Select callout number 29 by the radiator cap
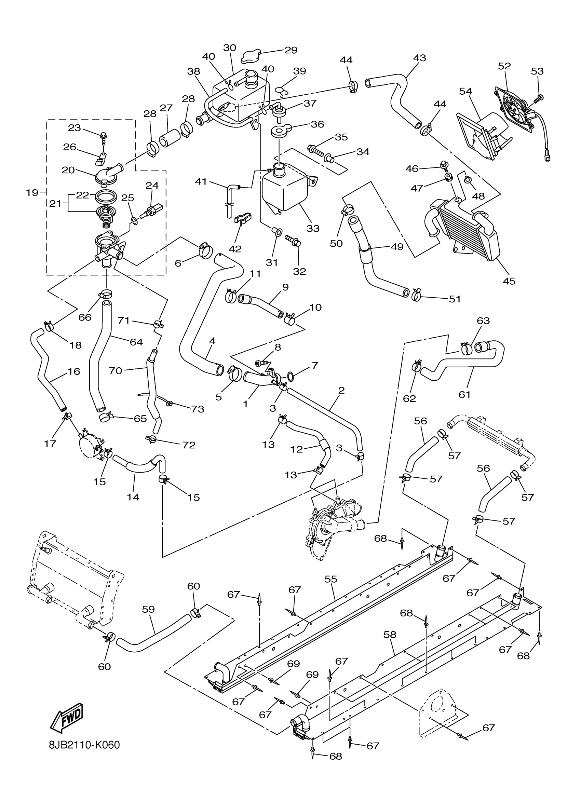(x=291, y=50)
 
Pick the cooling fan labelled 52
(x=517, y=106)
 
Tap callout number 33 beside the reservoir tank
(x=313, y=229)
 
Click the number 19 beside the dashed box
(x=32, y=193)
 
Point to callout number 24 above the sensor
(x=152, y=185)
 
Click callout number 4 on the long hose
(x=212, y=341)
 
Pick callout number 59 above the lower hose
(x=149, y=609)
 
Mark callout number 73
(x=198, y=409)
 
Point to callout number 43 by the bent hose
(x=420, y=58)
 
